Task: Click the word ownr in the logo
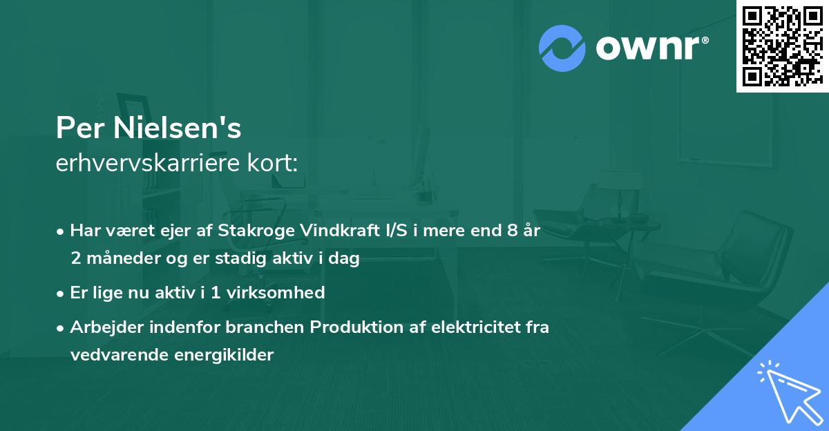pos(650,49)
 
